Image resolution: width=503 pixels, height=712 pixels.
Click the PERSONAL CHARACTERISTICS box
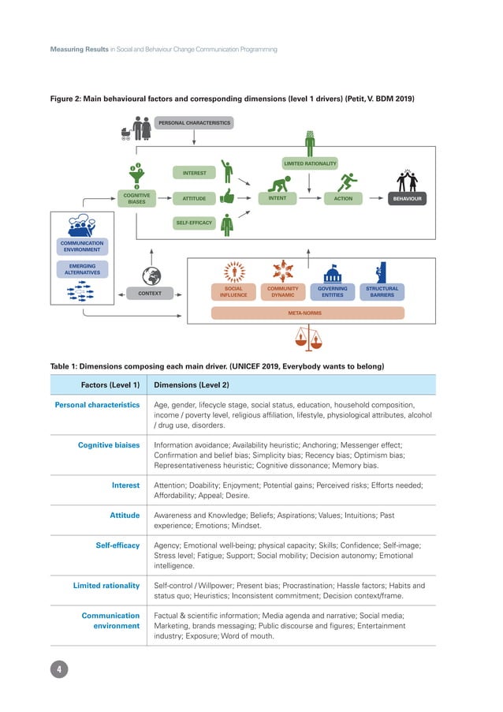coord(194,123)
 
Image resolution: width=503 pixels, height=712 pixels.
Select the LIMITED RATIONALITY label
coord(310,164)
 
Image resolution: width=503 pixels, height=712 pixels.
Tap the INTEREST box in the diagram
coord(194,172)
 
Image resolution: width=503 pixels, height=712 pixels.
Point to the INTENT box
coord(278,199)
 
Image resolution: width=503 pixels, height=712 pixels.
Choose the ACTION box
coord(343,199)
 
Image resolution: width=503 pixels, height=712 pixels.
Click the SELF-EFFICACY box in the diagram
coord(194,223)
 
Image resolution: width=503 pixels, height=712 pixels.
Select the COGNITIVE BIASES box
coord(136,199)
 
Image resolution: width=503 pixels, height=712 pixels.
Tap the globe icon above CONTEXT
coord(150,275)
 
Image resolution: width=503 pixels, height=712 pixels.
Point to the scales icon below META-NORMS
coord(307,338)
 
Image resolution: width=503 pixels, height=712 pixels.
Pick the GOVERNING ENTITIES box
coord(332,292)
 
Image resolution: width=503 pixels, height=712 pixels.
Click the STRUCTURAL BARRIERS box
coord(382,292)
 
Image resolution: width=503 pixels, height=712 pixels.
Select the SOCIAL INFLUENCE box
coord(234,292)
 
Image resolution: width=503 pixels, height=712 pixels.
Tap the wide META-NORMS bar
coord(307,313)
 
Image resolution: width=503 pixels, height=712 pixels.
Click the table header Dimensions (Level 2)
coord(192,385)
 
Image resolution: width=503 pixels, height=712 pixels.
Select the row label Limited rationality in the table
coord(106,586)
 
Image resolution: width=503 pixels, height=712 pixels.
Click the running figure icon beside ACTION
coord(346,182)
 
